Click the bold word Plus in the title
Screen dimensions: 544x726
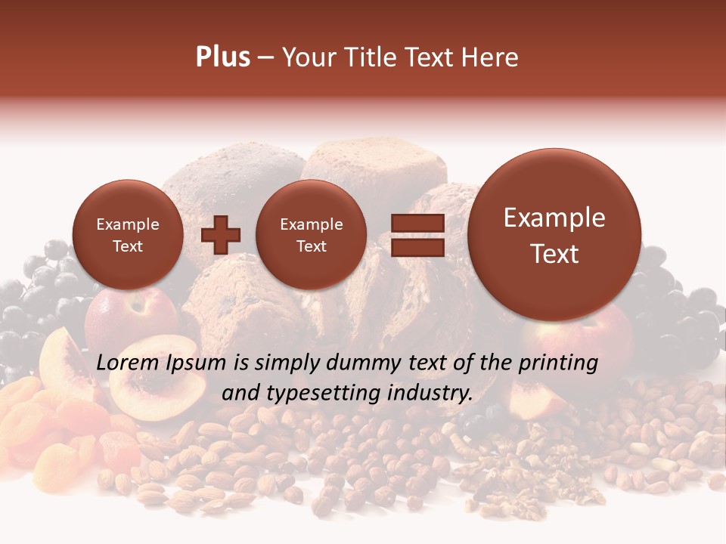coord(222,57)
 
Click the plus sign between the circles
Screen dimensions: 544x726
coord(220,235)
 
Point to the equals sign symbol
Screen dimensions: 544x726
coord(417,235)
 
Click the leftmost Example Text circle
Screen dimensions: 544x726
coord(127,235)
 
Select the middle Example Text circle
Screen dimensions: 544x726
coord(311,235)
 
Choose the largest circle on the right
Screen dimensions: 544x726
coord(554,235)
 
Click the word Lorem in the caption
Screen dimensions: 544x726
coord(126,363)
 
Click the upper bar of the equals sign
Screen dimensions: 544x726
coord(417,223)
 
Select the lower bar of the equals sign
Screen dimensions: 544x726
coord(417,247)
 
